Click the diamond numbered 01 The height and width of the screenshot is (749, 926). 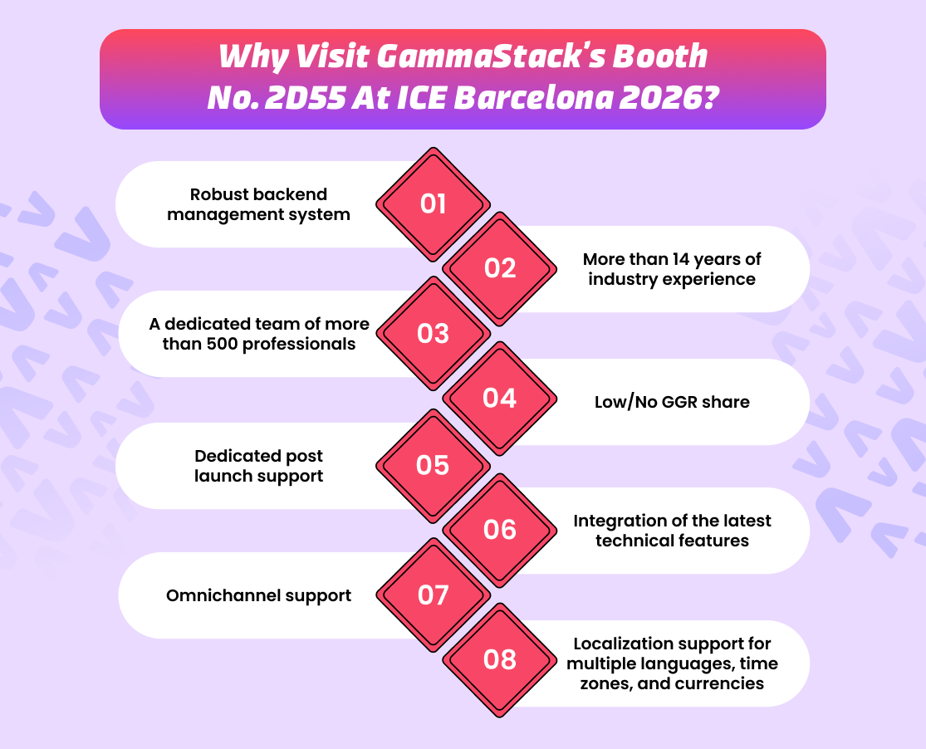(x=433, y=203)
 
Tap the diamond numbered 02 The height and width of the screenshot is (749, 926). (x=499, y=268)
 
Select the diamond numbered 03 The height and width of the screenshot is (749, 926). (x=433, y=334)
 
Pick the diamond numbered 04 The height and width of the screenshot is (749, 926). (x=499, y=399)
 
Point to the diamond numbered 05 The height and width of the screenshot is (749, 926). (x=433, y=465)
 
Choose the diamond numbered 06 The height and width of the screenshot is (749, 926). (x=499, y=530)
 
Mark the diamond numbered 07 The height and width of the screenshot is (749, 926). (x=433, y=595)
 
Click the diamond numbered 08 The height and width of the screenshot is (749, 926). (x=499, y=660)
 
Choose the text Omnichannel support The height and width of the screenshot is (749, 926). (x=258, y=595)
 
